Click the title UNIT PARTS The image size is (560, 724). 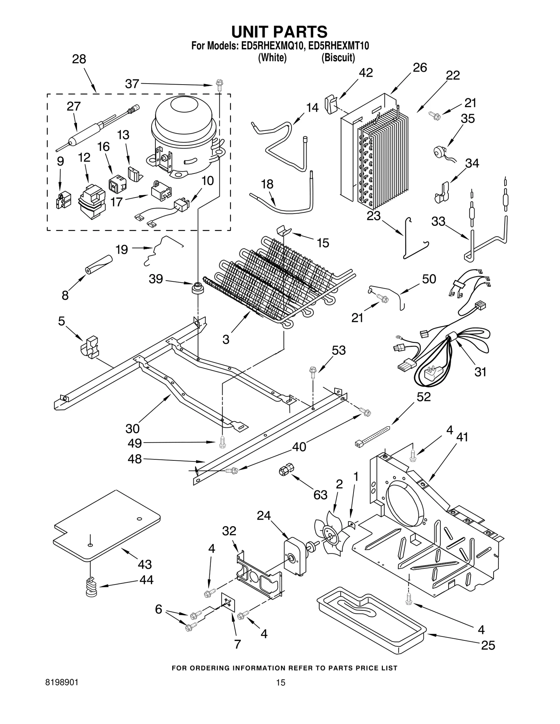coord(279,31)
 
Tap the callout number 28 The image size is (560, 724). coord(79,59)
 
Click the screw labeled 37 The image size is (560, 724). coord(218,85)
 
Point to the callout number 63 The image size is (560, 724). coord(320,495)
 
